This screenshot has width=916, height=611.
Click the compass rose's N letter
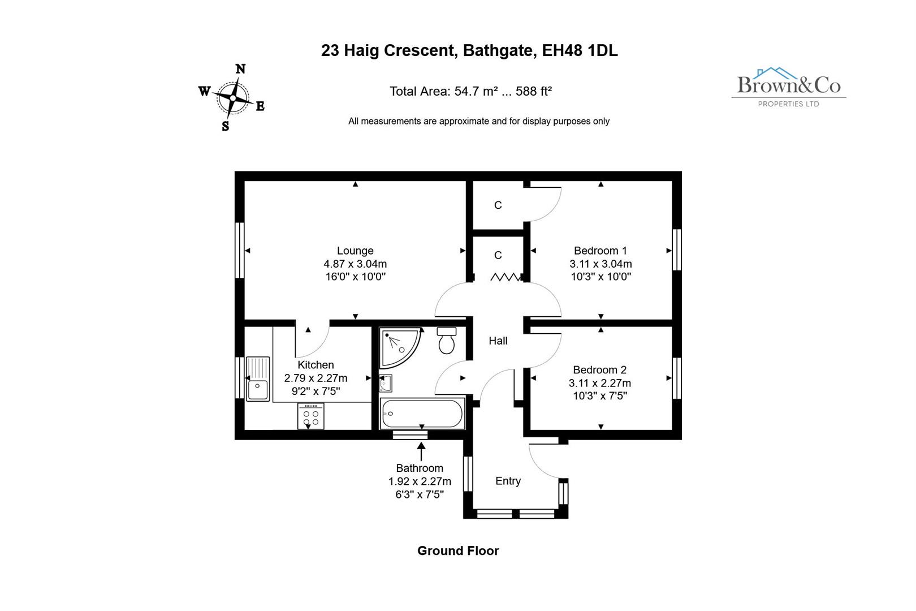tap(240, 69)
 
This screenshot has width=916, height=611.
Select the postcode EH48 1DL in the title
tap(580, 50)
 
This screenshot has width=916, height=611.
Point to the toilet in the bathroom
tap(447, 341)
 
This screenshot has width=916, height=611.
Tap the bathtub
tap(422, 413)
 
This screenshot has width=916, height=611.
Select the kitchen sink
tap(258, 378)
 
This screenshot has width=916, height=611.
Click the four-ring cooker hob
tap(310, 416)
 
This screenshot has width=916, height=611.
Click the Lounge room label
tap(355, 251)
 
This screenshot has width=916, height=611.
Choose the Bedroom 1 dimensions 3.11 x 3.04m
tap(600, 264)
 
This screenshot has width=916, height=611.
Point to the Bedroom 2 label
tap(599, 370)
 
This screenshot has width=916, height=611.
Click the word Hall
tap(498, 341)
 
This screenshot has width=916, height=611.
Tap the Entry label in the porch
tap(508, 481)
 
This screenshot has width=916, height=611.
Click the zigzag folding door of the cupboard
tap(505, 277)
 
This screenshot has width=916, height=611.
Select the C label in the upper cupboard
tap(498, 205)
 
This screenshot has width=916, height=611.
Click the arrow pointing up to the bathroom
tap(421, 451)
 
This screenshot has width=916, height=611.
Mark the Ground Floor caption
tap(458, 550)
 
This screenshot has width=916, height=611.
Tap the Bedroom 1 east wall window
tap(677, 250)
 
